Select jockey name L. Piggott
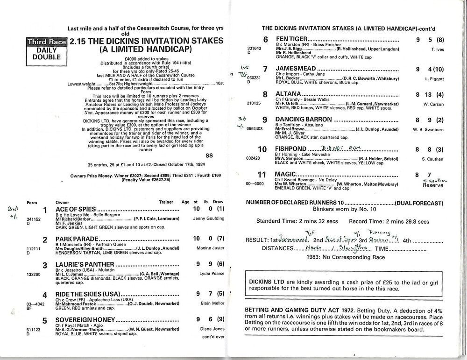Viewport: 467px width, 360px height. [434, 79]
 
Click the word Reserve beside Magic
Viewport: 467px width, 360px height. [432, 185]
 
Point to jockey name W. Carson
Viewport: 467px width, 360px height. [433, 104]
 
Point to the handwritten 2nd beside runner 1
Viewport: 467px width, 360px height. [11, 210]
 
